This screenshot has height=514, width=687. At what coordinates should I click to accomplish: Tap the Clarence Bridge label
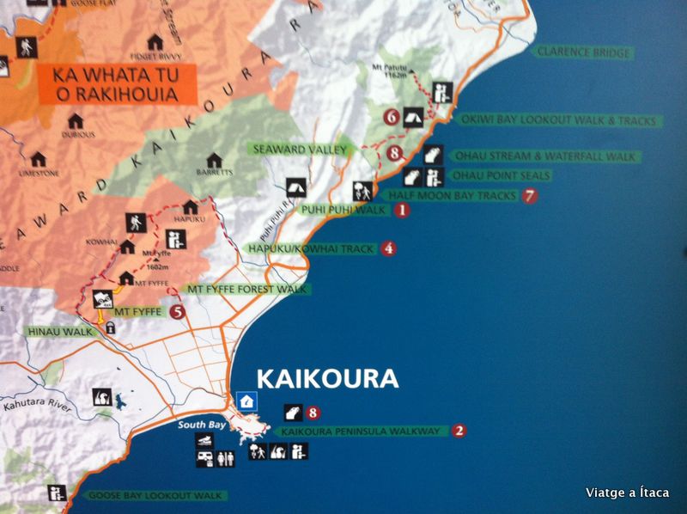pos(583,52)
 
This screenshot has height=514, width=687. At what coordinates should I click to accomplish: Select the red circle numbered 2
pos(459,431)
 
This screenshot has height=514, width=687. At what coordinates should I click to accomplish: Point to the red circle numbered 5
pos(177,312)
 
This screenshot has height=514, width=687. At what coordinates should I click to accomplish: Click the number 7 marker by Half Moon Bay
pos(530,195)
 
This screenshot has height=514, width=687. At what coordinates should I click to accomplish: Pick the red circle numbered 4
pos(389,248)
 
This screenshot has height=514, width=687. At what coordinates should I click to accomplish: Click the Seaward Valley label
pos(301,149)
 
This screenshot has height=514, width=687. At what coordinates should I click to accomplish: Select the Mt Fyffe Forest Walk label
pos(246,290)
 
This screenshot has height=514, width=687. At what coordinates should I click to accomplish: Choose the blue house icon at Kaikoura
pos(247,400)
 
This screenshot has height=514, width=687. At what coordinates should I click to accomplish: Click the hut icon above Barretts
pos(214,159)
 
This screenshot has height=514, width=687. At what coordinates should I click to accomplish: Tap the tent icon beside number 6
pos(412,116)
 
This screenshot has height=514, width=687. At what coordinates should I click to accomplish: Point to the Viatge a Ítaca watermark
pos(627,493)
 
